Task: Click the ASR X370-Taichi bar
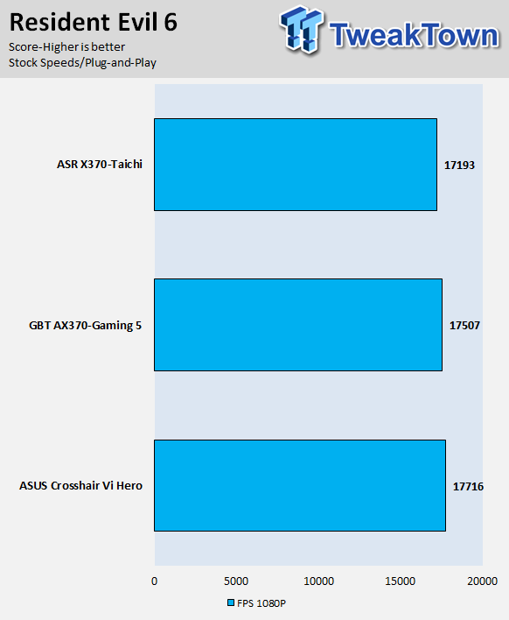coord(296,165)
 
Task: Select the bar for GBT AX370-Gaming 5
coord(298,325)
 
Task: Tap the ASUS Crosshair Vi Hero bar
coord(300,485)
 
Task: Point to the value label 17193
coord(459,166)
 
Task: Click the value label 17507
coord(464,326)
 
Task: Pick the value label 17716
coord(468,486)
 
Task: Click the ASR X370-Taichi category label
coord(100,164)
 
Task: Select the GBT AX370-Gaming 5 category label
coord(86,326)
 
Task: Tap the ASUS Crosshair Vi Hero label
coord(80,485)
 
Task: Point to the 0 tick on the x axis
coord(155,581)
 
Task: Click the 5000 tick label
coord(236,581)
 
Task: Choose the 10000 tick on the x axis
coord(318,581)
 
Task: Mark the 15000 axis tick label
coord(401,581)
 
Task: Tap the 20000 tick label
coord(483,581)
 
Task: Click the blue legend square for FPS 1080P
coord(231,602)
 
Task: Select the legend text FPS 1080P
coord(261,603)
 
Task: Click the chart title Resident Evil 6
coord(94,22)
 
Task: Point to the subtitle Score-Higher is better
coord(66,46)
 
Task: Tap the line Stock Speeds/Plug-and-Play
coord(82,62)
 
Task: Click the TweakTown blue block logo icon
coord(302,29)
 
